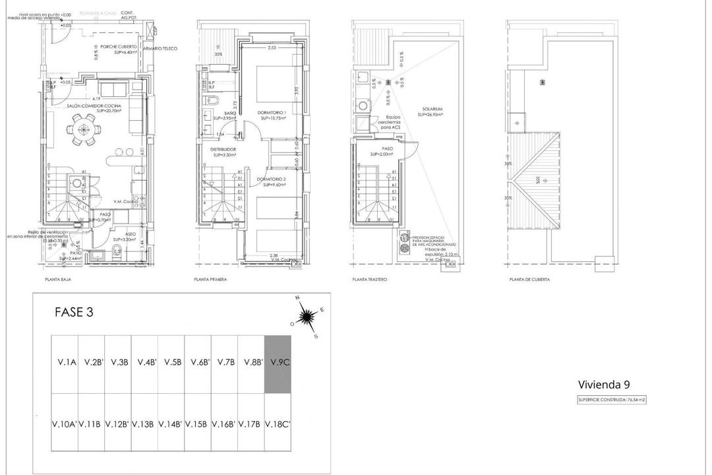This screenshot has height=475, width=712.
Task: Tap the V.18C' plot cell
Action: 277,424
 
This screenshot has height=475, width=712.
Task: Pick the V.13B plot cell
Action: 144,424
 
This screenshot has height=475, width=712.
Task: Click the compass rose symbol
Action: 305,319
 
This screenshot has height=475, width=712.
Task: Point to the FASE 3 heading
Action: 73,313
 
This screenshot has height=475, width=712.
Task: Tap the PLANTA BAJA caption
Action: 58,280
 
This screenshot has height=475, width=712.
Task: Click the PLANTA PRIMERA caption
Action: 210,280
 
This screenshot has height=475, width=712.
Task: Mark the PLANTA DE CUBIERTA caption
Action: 529,280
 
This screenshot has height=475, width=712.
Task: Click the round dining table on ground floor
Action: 82,129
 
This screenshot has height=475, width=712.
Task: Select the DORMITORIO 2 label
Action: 271,179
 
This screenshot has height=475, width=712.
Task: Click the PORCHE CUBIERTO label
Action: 119,47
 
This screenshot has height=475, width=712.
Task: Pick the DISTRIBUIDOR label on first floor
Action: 223,150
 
